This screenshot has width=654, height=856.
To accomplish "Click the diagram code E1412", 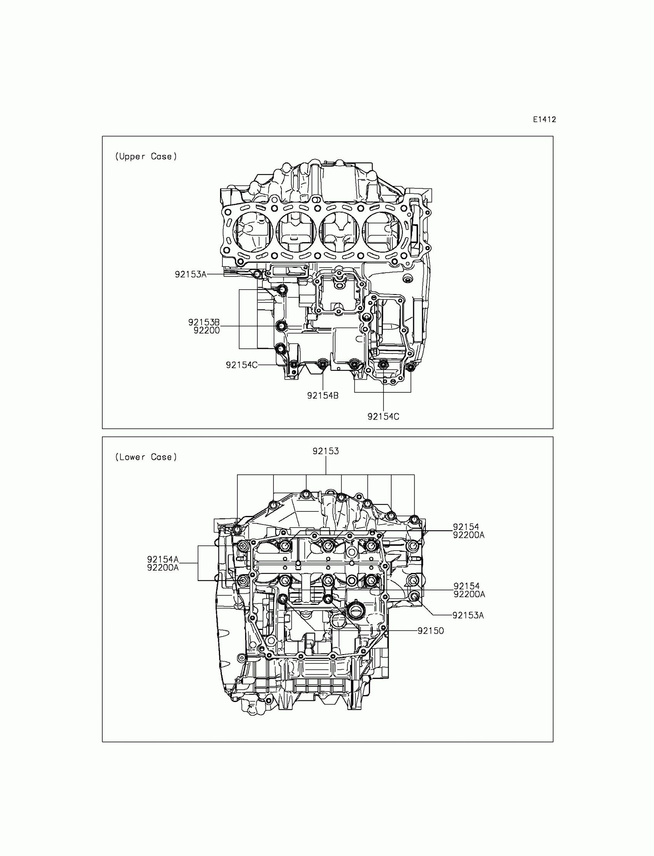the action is [544, 120].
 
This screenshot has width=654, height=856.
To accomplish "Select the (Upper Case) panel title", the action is [146, 156].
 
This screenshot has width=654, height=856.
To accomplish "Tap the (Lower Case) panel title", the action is [146, 457].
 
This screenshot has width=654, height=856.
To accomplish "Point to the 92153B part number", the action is [204, 322].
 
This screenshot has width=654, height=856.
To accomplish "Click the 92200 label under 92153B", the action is [207, 330].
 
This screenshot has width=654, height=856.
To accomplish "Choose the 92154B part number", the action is [323, 395].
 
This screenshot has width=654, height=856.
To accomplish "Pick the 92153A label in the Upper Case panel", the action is [190, 274].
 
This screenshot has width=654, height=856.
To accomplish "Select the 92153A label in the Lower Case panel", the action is [468, 615].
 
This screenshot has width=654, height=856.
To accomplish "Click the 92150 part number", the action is [430, 631].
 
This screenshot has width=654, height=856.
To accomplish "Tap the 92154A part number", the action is [163, 559].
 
